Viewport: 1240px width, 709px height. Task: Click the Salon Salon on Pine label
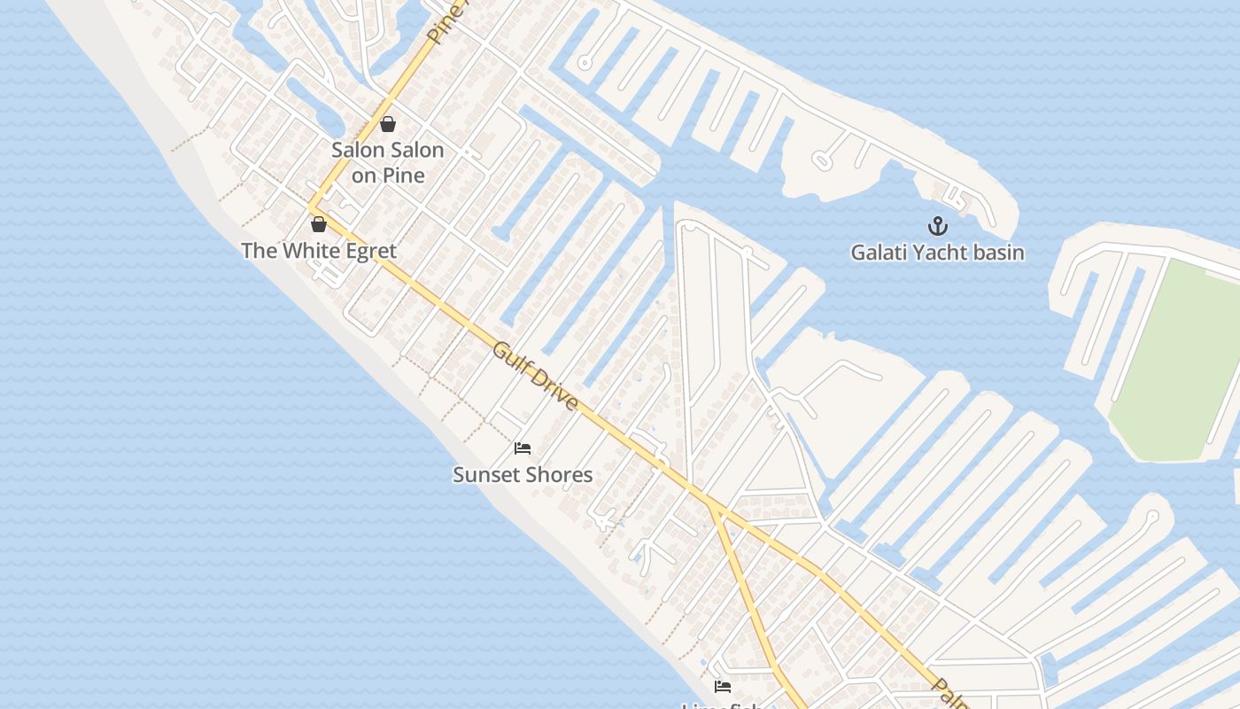(388, 163)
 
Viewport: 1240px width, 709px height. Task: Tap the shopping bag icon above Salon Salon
(388, 124)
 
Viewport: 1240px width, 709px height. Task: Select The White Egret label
(319, 251)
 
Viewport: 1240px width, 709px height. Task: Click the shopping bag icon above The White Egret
(319, 224)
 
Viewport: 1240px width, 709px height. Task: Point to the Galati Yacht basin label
(937, 253)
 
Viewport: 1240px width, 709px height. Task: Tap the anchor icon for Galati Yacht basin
(937, 226)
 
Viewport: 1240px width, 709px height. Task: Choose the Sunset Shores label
(523, 475)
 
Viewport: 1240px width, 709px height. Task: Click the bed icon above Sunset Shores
(523, 448)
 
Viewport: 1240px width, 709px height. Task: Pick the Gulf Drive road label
(536, 377)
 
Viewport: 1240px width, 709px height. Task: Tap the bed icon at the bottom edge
(723, 687)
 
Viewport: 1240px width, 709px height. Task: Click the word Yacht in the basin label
(939, 253)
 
